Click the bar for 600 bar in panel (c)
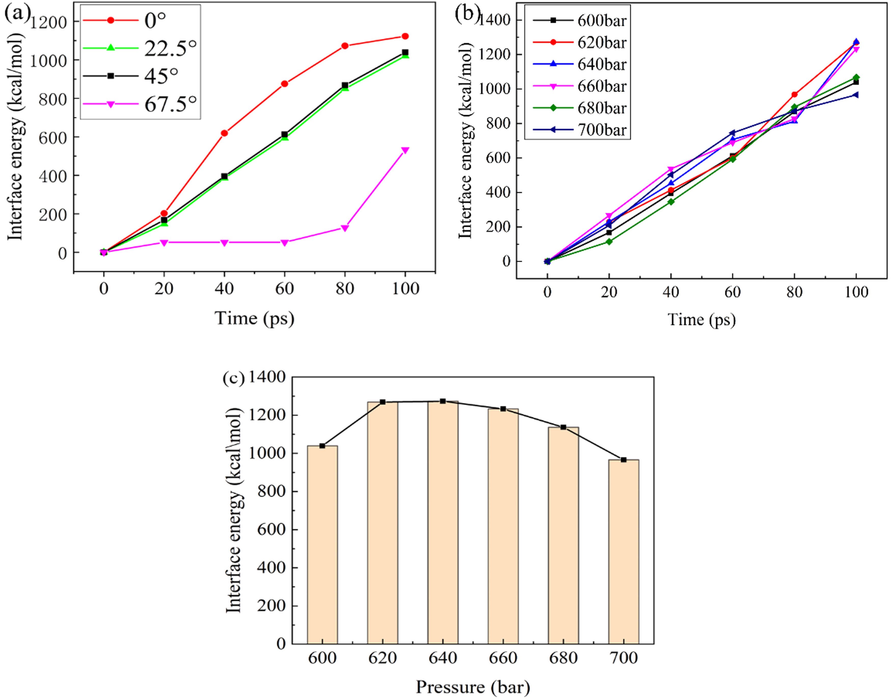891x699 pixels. tap(322, 544)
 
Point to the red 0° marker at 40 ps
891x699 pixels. tap(224, 133)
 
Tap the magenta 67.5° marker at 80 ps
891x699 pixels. tap(345, 228)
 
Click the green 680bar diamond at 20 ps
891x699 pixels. tap(609, 241)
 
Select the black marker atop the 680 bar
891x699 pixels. tap(563, 427)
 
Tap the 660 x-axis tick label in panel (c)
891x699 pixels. tap(503, 658)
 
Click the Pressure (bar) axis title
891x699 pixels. tap(473, 687)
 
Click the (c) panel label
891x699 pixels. tap(233, 378)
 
